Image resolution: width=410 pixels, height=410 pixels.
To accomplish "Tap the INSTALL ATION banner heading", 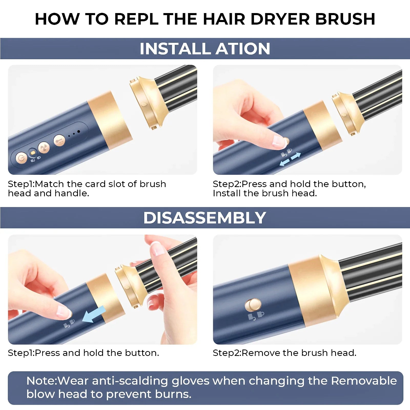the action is click(205, 49).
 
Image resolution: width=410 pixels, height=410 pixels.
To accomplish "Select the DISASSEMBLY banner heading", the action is click(205, 218).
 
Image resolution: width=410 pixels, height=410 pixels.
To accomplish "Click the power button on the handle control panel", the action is click(21, 158).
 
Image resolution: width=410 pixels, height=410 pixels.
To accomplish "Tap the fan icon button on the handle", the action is click(44, 148).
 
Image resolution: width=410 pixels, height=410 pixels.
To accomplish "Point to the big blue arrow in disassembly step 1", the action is click(94, 314).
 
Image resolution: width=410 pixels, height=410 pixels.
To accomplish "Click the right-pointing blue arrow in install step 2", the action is click(296, 156).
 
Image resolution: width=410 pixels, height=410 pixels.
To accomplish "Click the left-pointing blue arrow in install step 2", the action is click(284, 162).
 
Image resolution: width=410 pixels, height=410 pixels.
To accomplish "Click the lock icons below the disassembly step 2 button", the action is click(256, 315).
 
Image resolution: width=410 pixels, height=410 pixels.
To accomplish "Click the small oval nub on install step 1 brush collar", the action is click(144, 104).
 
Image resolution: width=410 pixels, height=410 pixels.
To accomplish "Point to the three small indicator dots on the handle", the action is click(74, 133).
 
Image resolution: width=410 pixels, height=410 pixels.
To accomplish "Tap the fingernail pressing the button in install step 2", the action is click(278, 141).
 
